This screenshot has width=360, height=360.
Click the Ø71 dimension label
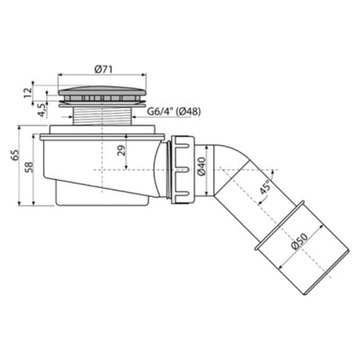pyautogui.click(x=103, y=69)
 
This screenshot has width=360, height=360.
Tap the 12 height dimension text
pyautogui.click(x=28, y=93)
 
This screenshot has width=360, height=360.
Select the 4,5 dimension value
pyautogui.click(x=41, y=110)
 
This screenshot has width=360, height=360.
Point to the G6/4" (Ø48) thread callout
pyautogui.click(x=174, y=112)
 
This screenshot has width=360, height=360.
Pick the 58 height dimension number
pyautogui.click(x=29, y=167)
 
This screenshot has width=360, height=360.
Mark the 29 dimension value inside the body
pyautogui.click(x=121, y=151)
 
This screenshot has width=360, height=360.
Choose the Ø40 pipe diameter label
pyautogui.click(x=202, y=166)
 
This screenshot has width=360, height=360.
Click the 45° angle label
pyautogui.click(x=265, y=187)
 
